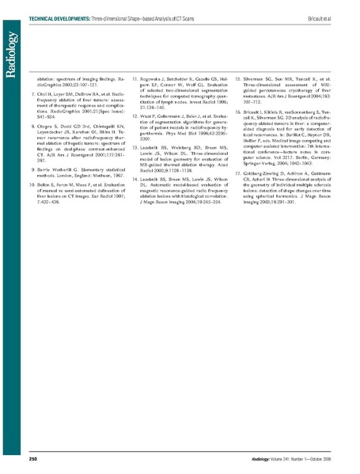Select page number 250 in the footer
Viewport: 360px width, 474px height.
tap(34, 458)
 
